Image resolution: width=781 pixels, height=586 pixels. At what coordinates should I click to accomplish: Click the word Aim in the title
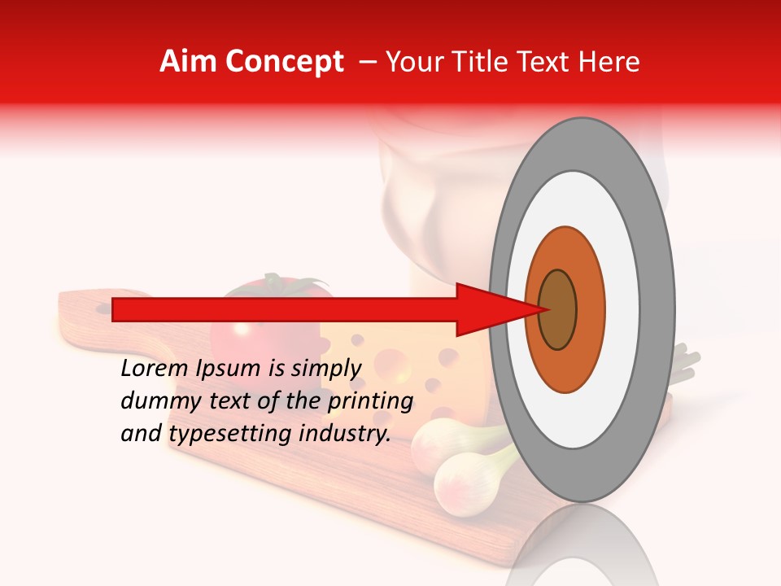point(188,62)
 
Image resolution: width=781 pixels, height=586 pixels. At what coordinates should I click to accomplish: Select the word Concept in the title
point(284,63)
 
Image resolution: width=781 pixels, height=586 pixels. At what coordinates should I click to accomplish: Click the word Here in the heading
point(611,62)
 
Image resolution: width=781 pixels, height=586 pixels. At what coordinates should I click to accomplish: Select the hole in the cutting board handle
point(103,308)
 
